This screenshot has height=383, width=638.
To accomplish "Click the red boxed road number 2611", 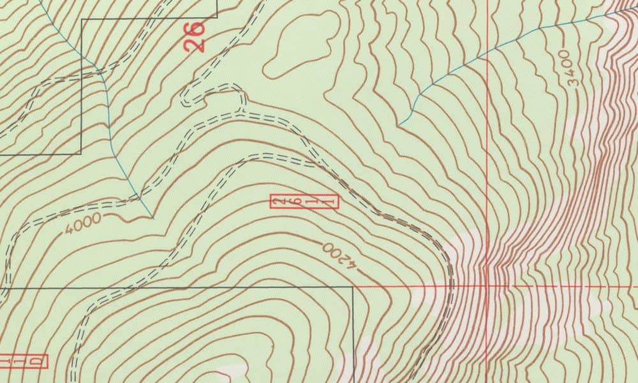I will click(304, 202).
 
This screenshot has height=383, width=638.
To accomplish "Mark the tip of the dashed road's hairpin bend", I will click(184, 99).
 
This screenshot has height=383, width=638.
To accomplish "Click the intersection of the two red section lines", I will click(487, 287).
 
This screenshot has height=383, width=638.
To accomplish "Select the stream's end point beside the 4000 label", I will click(153, 217).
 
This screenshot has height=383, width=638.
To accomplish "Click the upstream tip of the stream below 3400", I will click(402, 124).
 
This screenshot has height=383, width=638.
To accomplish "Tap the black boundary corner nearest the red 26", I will click(217, 18).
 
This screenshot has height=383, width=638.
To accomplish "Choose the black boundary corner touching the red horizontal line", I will click(353, 287).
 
